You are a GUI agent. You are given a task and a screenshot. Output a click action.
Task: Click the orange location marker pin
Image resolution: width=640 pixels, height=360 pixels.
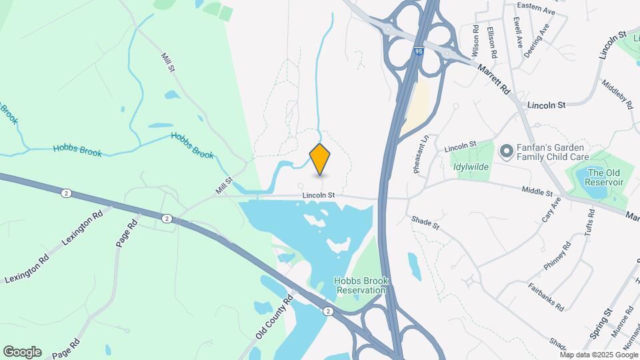click(320, 159)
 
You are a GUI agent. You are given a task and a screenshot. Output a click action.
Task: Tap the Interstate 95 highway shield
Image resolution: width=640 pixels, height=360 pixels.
click(418, 51)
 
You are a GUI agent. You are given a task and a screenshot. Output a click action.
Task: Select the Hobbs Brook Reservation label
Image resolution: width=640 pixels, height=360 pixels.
click(362, 286)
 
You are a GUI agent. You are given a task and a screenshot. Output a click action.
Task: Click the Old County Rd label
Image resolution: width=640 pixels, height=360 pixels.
click(274, 318)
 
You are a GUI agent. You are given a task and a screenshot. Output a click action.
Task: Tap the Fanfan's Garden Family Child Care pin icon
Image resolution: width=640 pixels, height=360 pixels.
click(506, 151)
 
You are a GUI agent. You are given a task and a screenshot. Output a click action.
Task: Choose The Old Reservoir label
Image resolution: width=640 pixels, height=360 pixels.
click(605, 177)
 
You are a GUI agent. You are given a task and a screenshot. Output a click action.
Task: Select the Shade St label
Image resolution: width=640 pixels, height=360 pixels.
click(425, 223)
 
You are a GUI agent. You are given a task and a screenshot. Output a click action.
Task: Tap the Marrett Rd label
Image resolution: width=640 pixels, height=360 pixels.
click(494, 79)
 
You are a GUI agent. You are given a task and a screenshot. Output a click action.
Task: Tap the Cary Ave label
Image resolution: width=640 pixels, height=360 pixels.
click(549, 214)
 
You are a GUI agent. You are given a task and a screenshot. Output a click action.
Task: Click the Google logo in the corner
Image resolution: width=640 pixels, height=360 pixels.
click(22, 352)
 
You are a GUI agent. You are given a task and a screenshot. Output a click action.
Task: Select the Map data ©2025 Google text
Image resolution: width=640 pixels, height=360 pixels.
click(599, 355)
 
